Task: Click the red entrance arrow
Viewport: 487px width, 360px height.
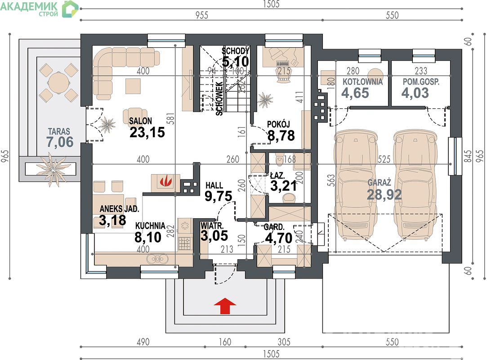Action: tap(225, 306)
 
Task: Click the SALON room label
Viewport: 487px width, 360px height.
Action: tap(140, 121)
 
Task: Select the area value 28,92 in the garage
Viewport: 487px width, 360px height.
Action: tap(384, 194)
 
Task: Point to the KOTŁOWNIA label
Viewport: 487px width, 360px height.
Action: tap(362, 82)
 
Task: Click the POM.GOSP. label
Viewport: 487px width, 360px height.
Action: tap(421, 82)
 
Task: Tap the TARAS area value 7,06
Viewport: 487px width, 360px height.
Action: tap(60, 142)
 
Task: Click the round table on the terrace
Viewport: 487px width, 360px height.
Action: tap(58, 82)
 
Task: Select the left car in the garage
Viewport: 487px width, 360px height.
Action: tap(356, 185)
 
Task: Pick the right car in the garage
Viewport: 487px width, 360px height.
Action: tap(416, 185)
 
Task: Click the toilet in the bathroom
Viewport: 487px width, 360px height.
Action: tap(280, 159)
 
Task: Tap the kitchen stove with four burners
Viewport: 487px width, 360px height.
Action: tap(185, 243)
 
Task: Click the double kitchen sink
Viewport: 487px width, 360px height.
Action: tap(157, 259)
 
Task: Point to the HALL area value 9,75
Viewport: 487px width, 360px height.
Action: tap(219, 196)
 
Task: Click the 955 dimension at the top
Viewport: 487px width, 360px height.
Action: tap(201, 15)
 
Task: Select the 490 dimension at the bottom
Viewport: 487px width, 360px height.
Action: tap(143, 342)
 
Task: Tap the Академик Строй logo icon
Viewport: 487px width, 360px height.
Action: tap(71, 9)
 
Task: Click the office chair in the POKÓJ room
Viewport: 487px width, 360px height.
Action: tap(284, 75)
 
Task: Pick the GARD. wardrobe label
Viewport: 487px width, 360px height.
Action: tap(273, 227)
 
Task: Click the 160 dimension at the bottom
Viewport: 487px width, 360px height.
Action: tap(225, 342)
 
